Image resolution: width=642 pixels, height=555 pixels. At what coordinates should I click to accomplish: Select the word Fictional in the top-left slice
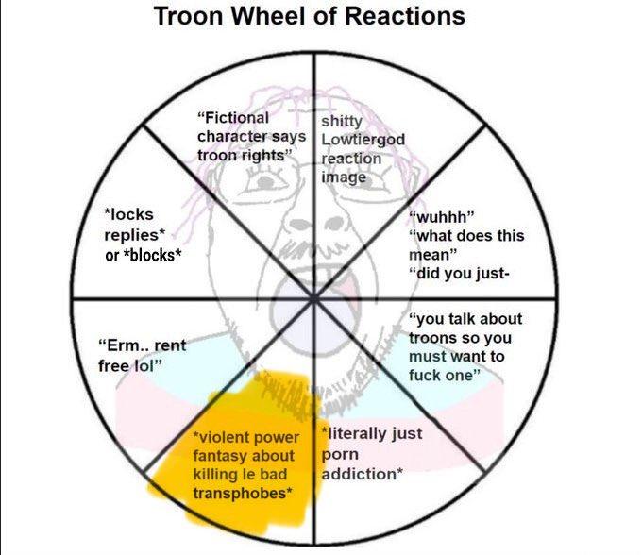pos(232,118)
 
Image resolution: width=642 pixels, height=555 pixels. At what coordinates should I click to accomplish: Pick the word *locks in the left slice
pos(128,215)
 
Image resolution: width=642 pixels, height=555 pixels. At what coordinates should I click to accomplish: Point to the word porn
pos(339,454)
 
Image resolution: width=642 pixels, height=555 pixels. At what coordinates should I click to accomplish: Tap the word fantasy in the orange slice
pos(216,455)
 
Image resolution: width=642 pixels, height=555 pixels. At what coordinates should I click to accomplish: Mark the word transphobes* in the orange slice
pos(241,492)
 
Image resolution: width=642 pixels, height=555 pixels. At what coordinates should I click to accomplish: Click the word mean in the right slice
pos(429,253)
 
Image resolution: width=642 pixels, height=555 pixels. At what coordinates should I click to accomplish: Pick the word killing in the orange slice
pos(214,473)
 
